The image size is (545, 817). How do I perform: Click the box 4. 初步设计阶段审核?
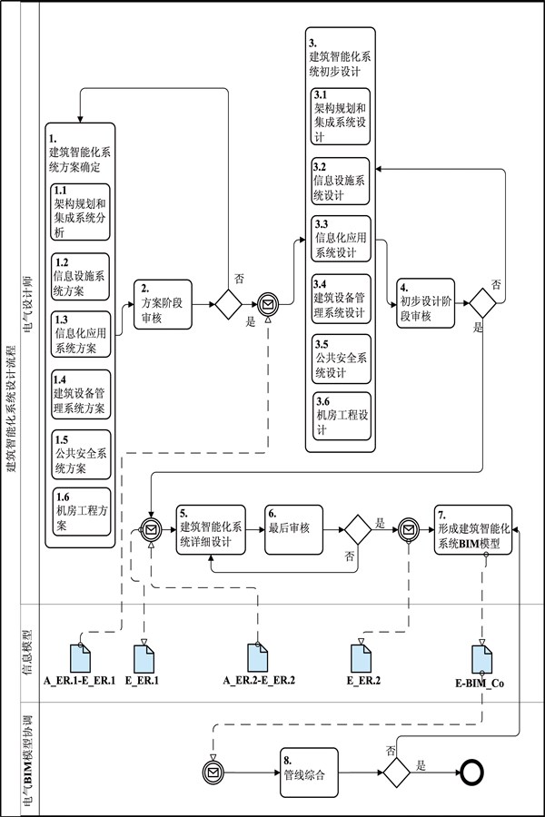click(424, 304)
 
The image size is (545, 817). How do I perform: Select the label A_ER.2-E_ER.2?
click(259, 680)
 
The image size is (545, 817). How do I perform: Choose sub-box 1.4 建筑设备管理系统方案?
click(80, 393)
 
